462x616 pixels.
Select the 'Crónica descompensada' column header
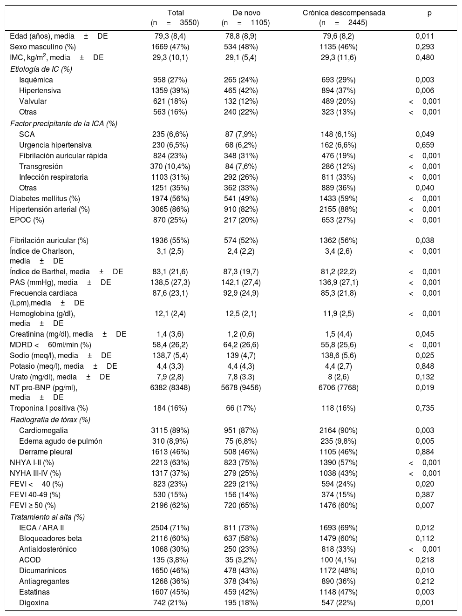344,13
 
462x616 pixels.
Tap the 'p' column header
429,13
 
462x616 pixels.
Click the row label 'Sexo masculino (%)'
43,47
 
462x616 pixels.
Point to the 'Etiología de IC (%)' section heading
41,69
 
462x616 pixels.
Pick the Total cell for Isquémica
170,80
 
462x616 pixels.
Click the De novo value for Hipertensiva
241,90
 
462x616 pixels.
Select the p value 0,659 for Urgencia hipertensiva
425,145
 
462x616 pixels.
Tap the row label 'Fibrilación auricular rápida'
63,156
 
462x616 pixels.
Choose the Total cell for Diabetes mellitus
170,198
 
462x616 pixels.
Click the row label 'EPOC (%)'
27,220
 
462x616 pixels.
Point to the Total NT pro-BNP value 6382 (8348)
170,387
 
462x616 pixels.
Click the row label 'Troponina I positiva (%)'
49,408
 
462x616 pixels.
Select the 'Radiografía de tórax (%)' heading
50,420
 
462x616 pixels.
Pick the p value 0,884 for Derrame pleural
425,452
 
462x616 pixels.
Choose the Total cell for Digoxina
170,602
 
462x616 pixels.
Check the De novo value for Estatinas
241,592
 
